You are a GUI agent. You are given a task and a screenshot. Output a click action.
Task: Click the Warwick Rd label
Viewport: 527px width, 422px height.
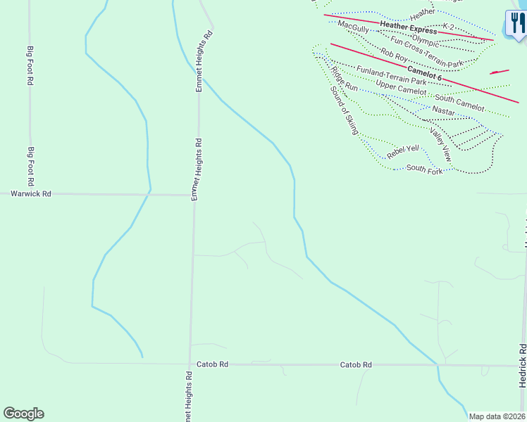(31, 193)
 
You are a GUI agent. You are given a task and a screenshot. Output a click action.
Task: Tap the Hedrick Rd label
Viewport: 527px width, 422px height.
(522, 366)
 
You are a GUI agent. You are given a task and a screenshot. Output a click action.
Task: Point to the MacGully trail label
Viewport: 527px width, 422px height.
(353, 26)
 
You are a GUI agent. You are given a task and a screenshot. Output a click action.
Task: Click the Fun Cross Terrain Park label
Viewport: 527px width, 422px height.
(427, 53)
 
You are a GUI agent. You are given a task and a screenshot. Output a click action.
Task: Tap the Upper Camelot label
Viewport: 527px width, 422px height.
(401, 87)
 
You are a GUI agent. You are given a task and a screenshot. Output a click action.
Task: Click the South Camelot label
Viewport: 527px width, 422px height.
(459, 103)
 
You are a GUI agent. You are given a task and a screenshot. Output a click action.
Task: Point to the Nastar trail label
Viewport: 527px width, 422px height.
(443, 110)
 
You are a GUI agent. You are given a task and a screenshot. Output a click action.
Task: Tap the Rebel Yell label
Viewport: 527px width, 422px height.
(403, 149)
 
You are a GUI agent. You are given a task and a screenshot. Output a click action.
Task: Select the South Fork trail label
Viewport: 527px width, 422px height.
(424, 170)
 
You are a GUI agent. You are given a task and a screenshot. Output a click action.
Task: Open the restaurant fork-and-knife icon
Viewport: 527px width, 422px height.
(516, 24)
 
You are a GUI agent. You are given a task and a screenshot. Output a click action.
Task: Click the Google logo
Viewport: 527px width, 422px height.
(23, 414)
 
